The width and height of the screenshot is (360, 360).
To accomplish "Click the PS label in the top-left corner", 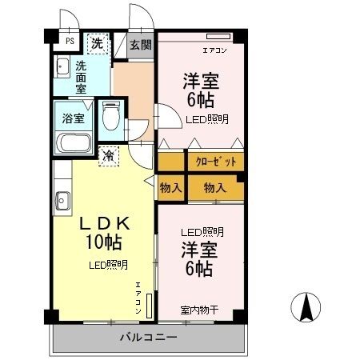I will point(70,39).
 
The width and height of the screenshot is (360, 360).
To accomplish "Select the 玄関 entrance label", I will point(141,45).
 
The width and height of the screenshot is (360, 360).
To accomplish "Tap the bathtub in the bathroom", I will point(74,146).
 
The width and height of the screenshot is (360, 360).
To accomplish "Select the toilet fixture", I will point(112,118).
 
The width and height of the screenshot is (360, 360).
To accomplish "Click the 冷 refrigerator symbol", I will point(107,157).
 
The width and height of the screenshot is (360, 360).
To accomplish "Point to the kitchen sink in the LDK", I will point(61,199).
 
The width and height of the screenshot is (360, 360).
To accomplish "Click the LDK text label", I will point(102,223).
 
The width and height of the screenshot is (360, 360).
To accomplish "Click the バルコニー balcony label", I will point(149,337).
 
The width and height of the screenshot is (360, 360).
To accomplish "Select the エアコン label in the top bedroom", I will point(214,50).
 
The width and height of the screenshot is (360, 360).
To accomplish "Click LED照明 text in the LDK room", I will point(107,265).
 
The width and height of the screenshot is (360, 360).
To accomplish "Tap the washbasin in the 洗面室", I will point(62,68).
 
